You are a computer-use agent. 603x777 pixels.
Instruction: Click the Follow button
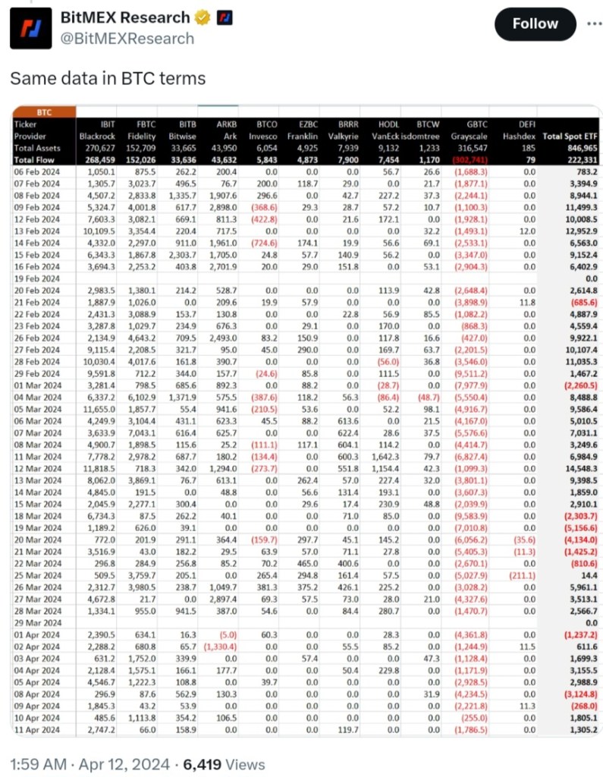point(535,24)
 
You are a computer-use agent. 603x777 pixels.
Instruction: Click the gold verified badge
point(203,17)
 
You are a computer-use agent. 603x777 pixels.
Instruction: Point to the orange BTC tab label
point(43,112)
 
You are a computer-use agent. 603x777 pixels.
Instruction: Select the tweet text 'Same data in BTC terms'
point(107,78)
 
